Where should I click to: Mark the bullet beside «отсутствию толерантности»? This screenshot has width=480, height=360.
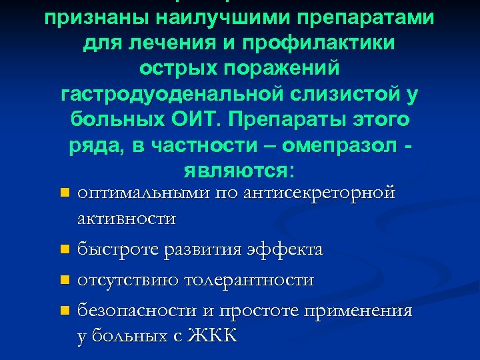pyautogui.click(x=64, y=280)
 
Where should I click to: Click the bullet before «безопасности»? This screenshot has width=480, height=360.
pyautogui.click(x=64, y=311)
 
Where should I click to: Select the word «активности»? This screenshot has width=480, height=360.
pyautogui.click(x=127, y=219)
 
